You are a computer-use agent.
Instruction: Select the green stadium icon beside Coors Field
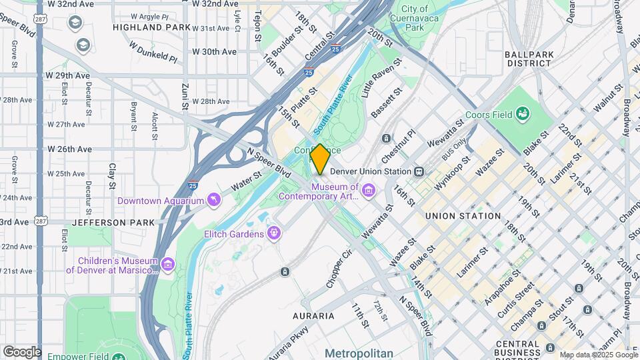point(523,115)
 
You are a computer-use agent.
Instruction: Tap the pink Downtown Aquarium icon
point(213,200)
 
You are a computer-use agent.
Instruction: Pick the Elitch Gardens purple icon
point(273,233)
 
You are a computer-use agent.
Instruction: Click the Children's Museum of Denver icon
point(168,265)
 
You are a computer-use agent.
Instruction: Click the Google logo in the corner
point(21,351)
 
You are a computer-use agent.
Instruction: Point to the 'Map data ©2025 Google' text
point(598,355)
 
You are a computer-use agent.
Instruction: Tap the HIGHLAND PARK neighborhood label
point(147,27)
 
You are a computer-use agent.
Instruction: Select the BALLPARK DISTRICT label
point(528,59)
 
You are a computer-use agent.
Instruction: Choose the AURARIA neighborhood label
point(313,315)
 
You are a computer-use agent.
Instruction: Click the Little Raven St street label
point(381,78)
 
